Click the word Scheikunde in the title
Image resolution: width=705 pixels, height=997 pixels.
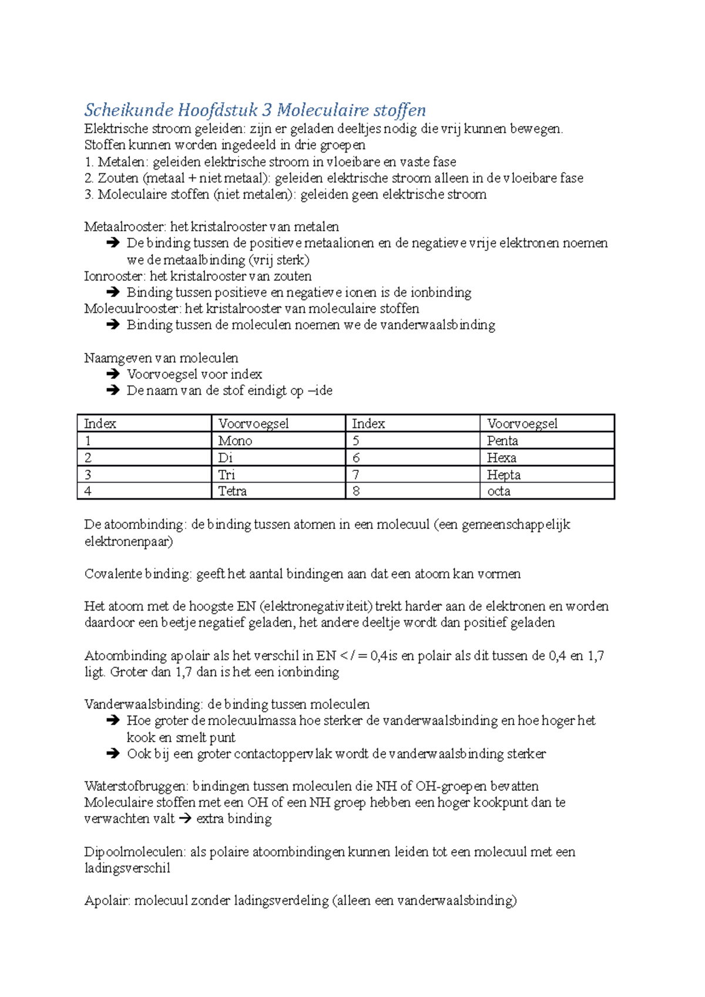pyautogui.click(x=129, y=110)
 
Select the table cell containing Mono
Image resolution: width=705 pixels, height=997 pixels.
pyautogui.click(x=278, y=441)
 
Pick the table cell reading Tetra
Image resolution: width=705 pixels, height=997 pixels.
pyautogui.click(x=278, y=491)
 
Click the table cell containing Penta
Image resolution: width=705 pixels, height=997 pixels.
pyautogui.click(x=546, y=441)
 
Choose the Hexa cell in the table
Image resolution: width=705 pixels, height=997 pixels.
pyautogui.click(x=546, y=458)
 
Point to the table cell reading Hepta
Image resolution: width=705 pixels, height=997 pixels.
pyautogui.click(x=546, y=474)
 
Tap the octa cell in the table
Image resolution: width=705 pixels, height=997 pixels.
pyautogui.click(x=546, y=491)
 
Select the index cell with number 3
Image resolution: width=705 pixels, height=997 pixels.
pyautogui.click(x=144, y=474)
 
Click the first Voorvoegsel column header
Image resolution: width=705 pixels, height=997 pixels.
pyautogui.click(x=254, y=424)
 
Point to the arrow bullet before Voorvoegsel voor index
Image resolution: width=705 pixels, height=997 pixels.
pyautogui.click(x=113, y=375)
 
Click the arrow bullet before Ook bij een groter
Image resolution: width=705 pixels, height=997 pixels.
pyautogui.click(x=113, y=754)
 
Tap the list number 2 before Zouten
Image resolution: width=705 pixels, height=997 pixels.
pyautogui.click(x=89, y=178)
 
